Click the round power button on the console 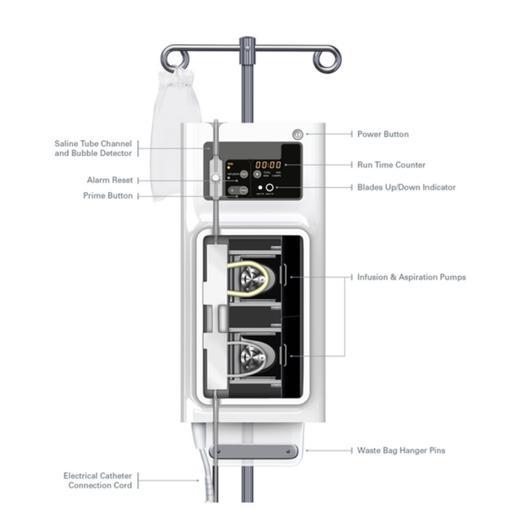(x=297, y=134)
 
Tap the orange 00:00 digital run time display (x=268, y=165)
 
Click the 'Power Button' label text (x=383, y=134)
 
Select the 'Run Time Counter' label (x=391, y=165)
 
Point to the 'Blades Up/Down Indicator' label (x=405, y=188)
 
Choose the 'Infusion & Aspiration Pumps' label (x=411, y=277)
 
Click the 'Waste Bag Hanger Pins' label (x=400, y=451)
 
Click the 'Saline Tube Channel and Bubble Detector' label (x=93, y=146)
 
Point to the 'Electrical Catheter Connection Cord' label (x=98, y=481)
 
